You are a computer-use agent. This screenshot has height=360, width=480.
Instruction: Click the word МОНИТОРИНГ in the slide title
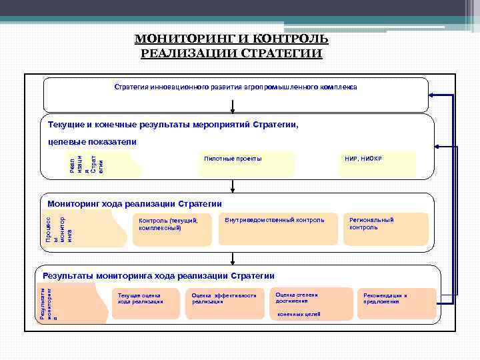171,39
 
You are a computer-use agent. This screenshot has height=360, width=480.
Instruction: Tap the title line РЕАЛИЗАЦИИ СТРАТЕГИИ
231,53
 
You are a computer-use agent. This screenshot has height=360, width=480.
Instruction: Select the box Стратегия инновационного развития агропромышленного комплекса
235,88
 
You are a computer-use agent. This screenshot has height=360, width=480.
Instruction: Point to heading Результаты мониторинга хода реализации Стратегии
159,275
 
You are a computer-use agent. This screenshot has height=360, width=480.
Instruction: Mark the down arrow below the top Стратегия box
233,108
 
